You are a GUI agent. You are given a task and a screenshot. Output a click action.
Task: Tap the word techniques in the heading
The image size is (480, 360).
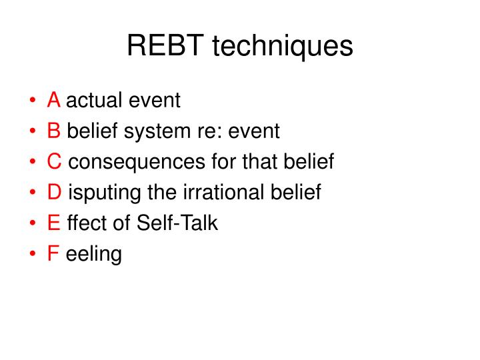coord(282,47)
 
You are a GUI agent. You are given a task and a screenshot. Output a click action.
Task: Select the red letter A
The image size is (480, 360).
coord(54,101)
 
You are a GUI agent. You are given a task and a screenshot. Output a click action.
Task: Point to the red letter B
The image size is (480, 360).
coord(54,131)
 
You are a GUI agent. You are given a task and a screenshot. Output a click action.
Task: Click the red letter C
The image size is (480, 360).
coord(55,162)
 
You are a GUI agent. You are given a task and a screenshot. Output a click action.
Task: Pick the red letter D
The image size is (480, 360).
coord(55,193)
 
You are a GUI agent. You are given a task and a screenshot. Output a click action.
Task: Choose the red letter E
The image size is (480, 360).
coord(54,223)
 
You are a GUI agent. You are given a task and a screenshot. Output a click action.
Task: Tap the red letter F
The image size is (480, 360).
coord(53,254)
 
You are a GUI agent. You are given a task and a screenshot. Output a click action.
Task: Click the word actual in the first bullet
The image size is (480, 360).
coord(95,101)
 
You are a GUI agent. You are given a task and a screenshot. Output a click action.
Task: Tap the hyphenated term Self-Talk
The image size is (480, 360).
coord(177,223)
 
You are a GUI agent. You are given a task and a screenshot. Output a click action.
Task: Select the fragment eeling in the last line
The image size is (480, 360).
coord(94,255)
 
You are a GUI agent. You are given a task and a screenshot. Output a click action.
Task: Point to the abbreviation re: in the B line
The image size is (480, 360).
coord(209,131)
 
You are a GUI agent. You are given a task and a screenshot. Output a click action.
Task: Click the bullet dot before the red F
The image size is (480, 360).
coord(33,255)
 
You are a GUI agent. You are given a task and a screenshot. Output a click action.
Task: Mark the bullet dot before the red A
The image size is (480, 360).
coord(33,101)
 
